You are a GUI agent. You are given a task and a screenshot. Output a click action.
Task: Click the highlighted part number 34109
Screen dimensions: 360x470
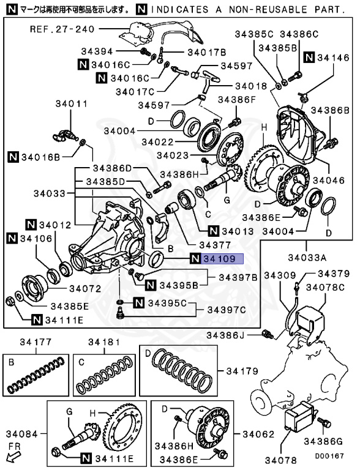(x=220, y=258)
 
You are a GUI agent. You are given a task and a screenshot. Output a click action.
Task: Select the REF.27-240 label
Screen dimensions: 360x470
(x=62, y=29)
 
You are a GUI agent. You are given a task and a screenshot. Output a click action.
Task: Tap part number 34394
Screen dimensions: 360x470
(x=97, y=51)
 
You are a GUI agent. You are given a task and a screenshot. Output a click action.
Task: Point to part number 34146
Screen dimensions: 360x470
(x=333, y=58)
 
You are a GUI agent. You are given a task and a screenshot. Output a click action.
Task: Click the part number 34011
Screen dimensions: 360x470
(x=72, y=103)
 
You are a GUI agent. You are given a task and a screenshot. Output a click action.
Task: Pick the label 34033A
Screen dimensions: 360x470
(x=307, y=258)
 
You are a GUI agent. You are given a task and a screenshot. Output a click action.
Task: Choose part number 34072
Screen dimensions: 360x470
(x=86, y=289)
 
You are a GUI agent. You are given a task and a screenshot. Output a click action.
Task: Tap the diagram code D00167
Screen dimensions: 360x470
(x=329, y=456)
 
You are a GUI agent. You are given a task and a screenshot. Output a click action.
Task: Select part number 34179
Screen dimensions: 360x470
(x=242, y=371)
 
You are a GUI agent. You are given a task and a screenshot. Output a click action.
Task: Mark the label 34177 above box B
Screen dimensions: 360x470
(x=36, y=341)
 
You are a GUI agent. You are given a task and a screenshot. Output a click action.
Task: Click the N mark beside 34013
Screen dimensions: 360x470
(x=213, y=231)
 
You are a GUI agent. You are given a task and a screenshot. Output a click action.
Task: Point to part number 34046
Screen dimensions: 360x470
(x=329, y=180)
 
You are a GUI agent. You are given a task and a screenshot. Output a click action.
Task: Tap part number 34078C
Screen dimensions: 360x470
(x=326, y=288)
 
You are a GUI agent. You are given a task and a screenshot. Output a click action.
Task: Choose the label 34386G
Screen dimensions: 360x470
(x=323, y=441)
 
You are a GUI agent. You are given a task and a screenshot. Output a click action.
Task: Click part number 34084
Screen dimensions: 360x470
(x=22, y=434)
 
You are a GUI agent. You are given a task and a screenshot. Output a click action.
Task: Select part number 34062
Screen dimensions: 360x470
(x=258, y=434)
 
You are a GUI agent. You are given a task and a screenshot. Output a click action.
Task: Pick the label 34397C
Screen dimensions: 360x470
(x=227, y=310)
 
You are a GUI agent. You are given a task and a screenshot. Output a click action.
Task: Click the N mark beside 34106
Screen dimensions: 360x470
(x=12, y=239)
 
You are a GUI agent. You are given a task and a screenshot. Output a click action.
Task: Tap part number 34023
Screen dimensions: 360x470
(x=173, y=155)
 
